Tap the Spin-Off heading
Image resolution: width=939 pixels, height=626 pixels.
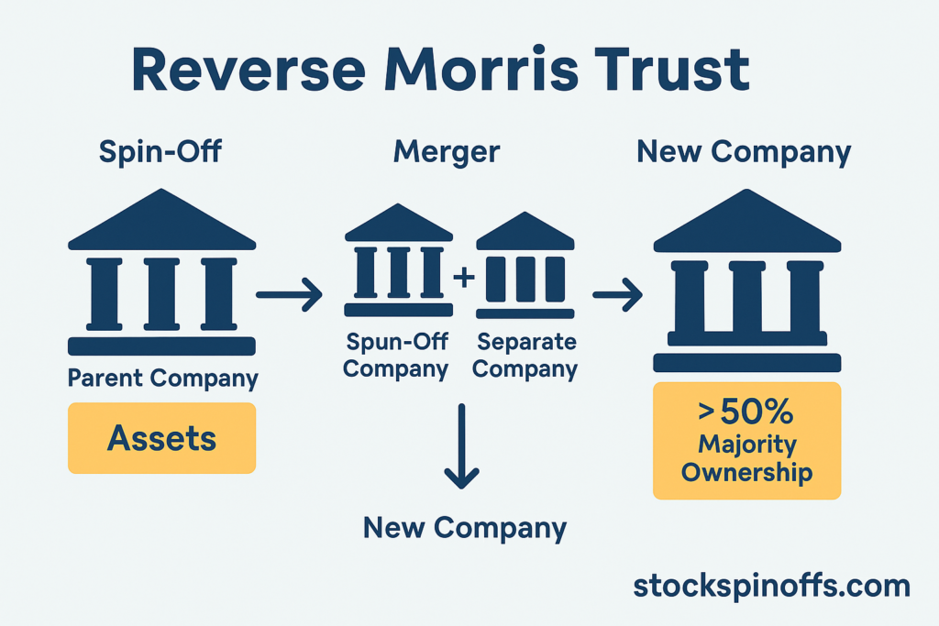[x=160, y=152]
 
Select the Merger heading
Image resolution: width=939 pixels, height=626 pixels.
[x=447, y=152]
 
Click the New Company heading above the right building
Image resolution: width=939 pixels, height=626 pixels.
[x=744, y=152]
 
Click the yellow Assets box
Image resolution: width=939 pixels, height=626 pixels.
[x=161, y=438]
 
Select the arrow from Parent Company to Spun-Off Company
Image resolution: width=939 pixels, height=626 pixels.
[x=289, y=295]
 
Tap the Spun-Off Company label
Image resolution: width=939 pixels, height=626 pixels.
[x=397, y=356]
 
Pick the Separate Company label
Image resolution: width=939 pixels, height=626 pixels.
[x=526, y=356]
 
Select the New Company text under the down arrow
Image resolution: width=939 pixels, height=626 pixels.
[x=465, y=528]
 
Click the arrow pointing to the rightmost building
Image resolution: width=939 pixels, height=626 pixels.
[x=617, y=295]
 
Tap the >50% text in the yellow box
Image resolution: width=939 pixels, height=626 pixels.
[x=745, y=413]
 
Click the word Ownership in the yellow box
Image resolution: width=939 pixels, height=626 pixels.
[x=746, y=473]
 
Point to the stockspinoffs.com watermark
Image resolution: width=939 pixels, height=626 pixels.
[x=771, y=586]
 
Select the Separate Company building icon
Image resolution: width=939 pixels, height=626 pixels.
[x=525, y=266]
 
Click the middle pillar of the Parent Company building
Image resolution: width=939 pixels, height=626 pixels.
[x=161, y=293]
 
